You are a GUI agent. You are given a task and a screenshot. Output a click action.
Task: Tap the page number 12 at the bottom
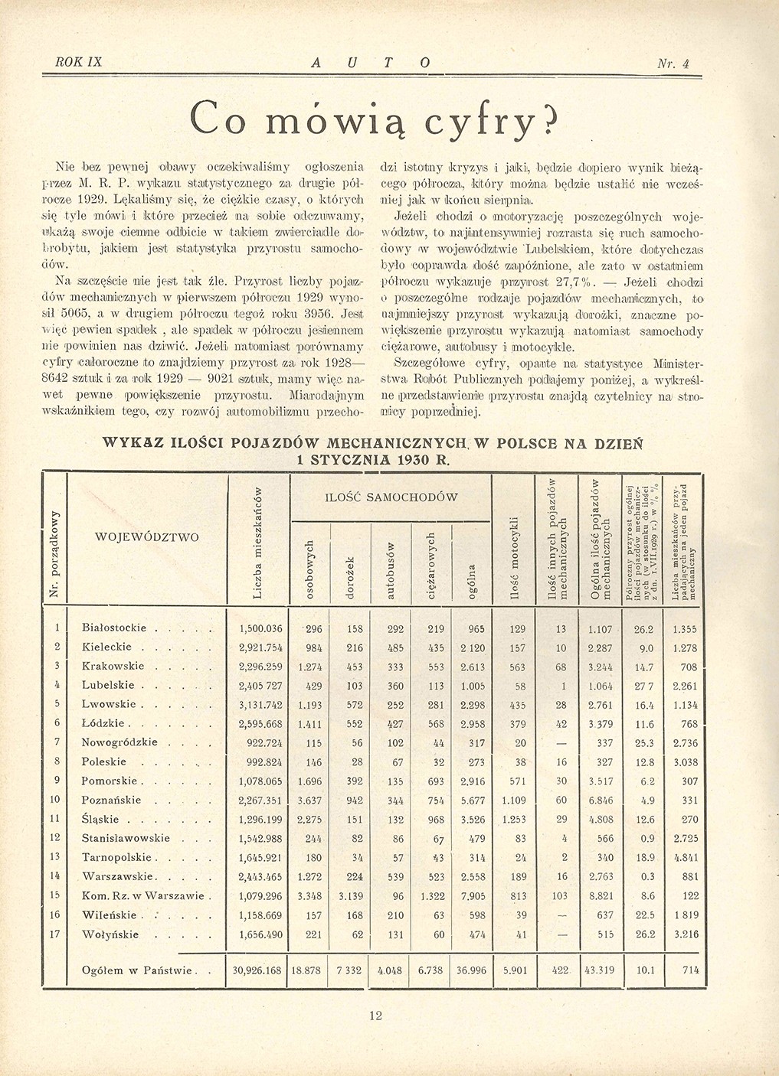tap(375, 1016)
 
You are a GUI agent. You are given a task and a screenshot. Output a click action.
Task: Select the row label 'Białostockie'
tap(113, 628)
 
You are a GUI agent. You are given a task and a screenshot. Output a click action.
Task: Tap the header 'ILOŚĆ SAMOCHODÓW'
tap(391, 497)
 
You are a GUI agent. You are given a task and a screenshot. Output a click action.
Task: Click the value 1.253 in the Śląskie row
tap(518, 818)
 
